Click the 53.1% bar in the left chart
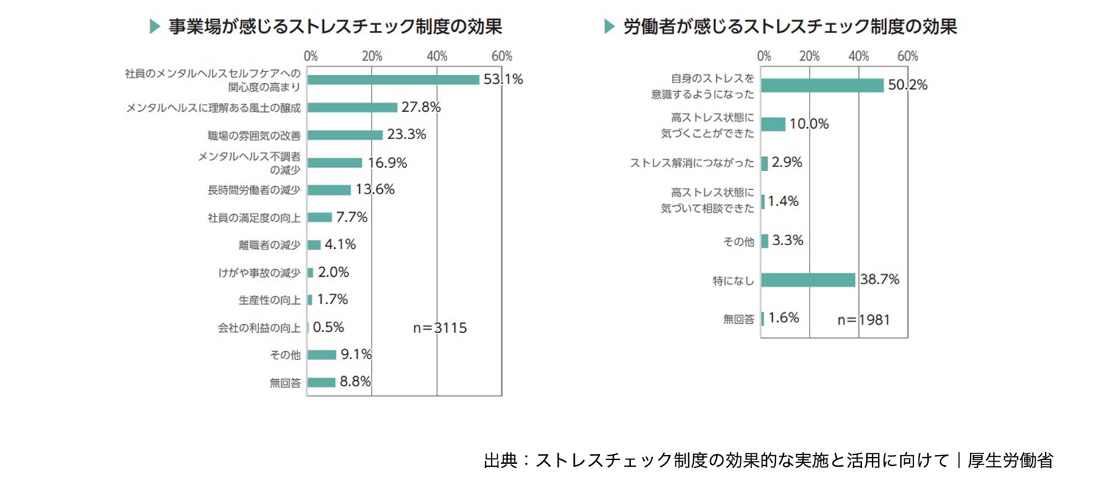pyautogui.click(x=393, y=79)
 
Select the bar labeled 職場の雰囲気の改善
pyautogui.click(x=344, y=135)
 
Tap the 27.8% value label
pyautogui.click(x=421, y=107)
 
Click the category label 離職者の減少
pyautogui.click(x=270, y=245)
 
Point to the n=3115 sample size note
pyautogui.click(x=439, y=328)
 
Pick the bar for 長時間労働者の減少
pyautogui.click(x=329, y=190)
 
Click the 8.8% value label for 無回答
pyautogui.click(x=355, y=381)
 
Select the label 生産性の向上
pyautogui.click(x=270, y=300)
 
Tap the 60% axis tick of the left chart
pyautogui.click(x=502, y=57)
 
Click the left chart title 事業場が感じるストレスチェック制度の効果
pyautogui.click(x=336, y=27)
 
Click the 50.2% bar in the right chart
pyautogui.click(x=822, y=85)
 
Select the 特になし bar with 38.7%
pyautogui.click(x=808, y=280)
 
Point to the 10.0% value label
pyautogui.click(x=809, y=124)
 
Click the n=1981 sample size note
pyautogui.click(x=865, y=319)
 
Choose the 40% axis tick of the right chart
pyautogui.click(x=858, y=57)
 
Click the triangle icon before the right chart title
pyautogui.click(x=609, y=27)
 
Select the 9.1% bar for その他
pyautogui.click(x=322, y=355)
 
